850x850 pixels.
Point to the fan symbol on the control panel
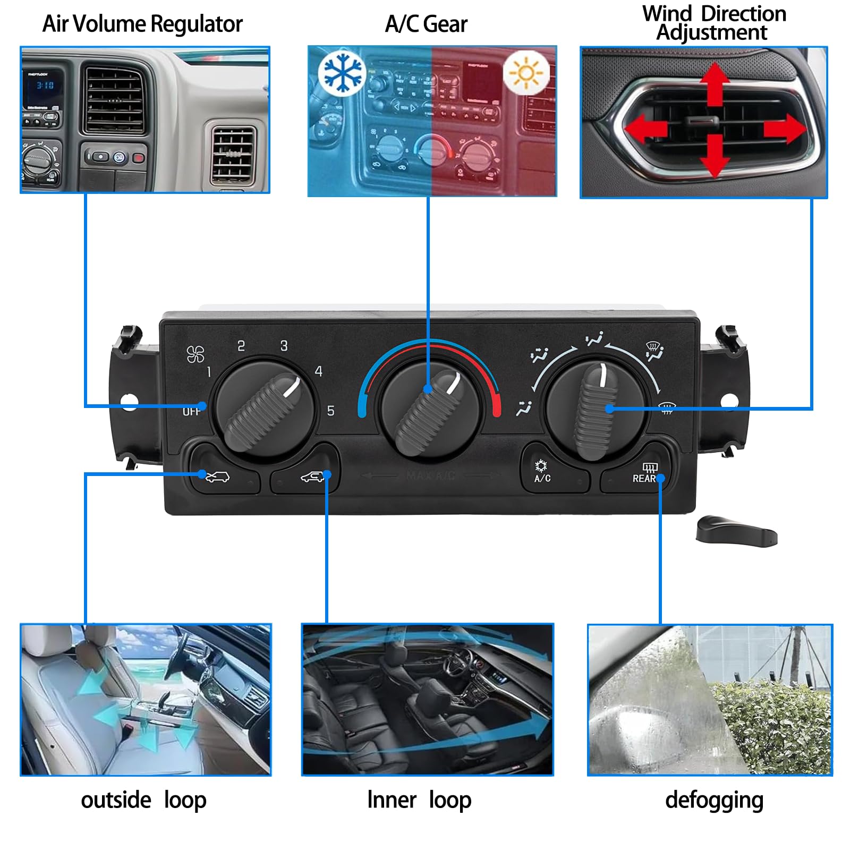[195, 354]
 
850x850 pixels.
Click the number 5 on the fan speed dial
[330, 411]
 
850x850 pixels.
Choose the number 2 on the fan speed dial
[241, 346]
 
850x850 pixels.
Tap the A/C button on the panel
[542, 471]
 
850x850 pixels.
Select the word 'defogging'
[714, 800]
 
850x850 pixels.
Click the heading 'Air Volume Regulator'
[142, 24]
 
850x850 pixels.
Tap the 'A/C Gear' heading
[426, 24]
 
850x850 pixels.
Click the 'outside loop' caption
[143, 800]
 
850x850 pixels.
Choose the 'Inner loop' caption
[419, 800]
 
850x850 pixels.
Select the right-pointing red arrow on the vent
[785, 129]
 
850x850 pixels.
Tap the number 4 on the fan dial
[319, 371]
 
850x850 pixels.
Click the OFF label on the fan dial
[191, 411]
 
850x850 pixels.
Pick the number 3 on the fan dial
[284, 346]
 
